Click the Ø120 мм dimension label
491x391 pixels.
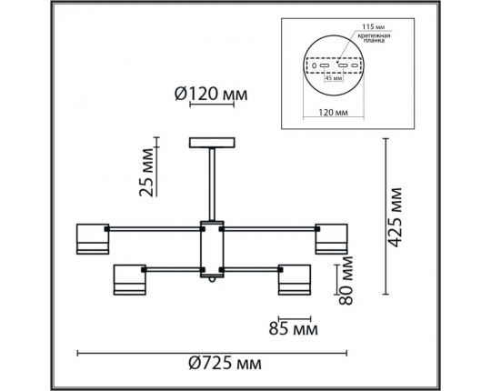click(210, 93)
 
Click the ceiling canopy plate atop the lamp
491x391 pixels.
click(211, 143)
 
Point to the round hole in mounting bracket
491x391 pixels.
click(315, 65)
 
